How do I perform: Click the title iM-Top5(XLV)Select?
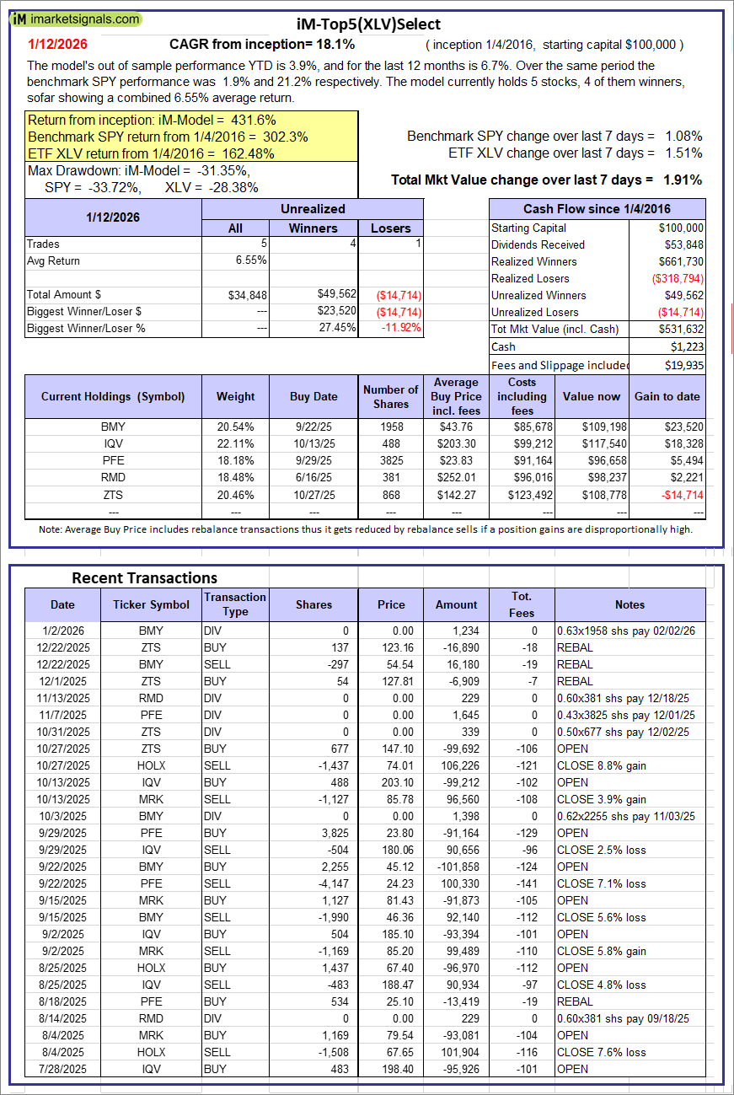click(368, 24)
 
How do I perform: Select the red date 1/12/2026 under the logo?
click(57, 44)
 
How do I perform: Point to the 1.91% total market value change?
click(683, 180)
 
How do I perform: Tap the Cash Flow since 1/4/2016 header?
click(597, 209)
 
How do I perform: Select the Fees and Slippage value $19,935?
click(682, 365)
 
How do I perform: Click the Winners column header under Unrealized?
click(313, 228)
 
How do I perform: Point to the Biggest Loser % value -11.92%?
click(400, 328)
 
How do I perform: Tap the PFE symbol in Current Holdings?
click(112, 460)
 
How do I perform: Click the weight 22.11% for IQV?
click(235, 443)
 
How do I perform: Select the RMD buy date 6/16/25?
click(313, 477)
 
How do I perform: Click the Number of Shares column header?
click(390, 396)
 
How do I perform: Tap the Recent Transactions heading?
click(144, 577)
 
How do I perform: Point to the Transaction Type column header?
click(235, 604)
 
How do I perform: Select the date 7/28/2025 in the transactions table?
click(62, 1069)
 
